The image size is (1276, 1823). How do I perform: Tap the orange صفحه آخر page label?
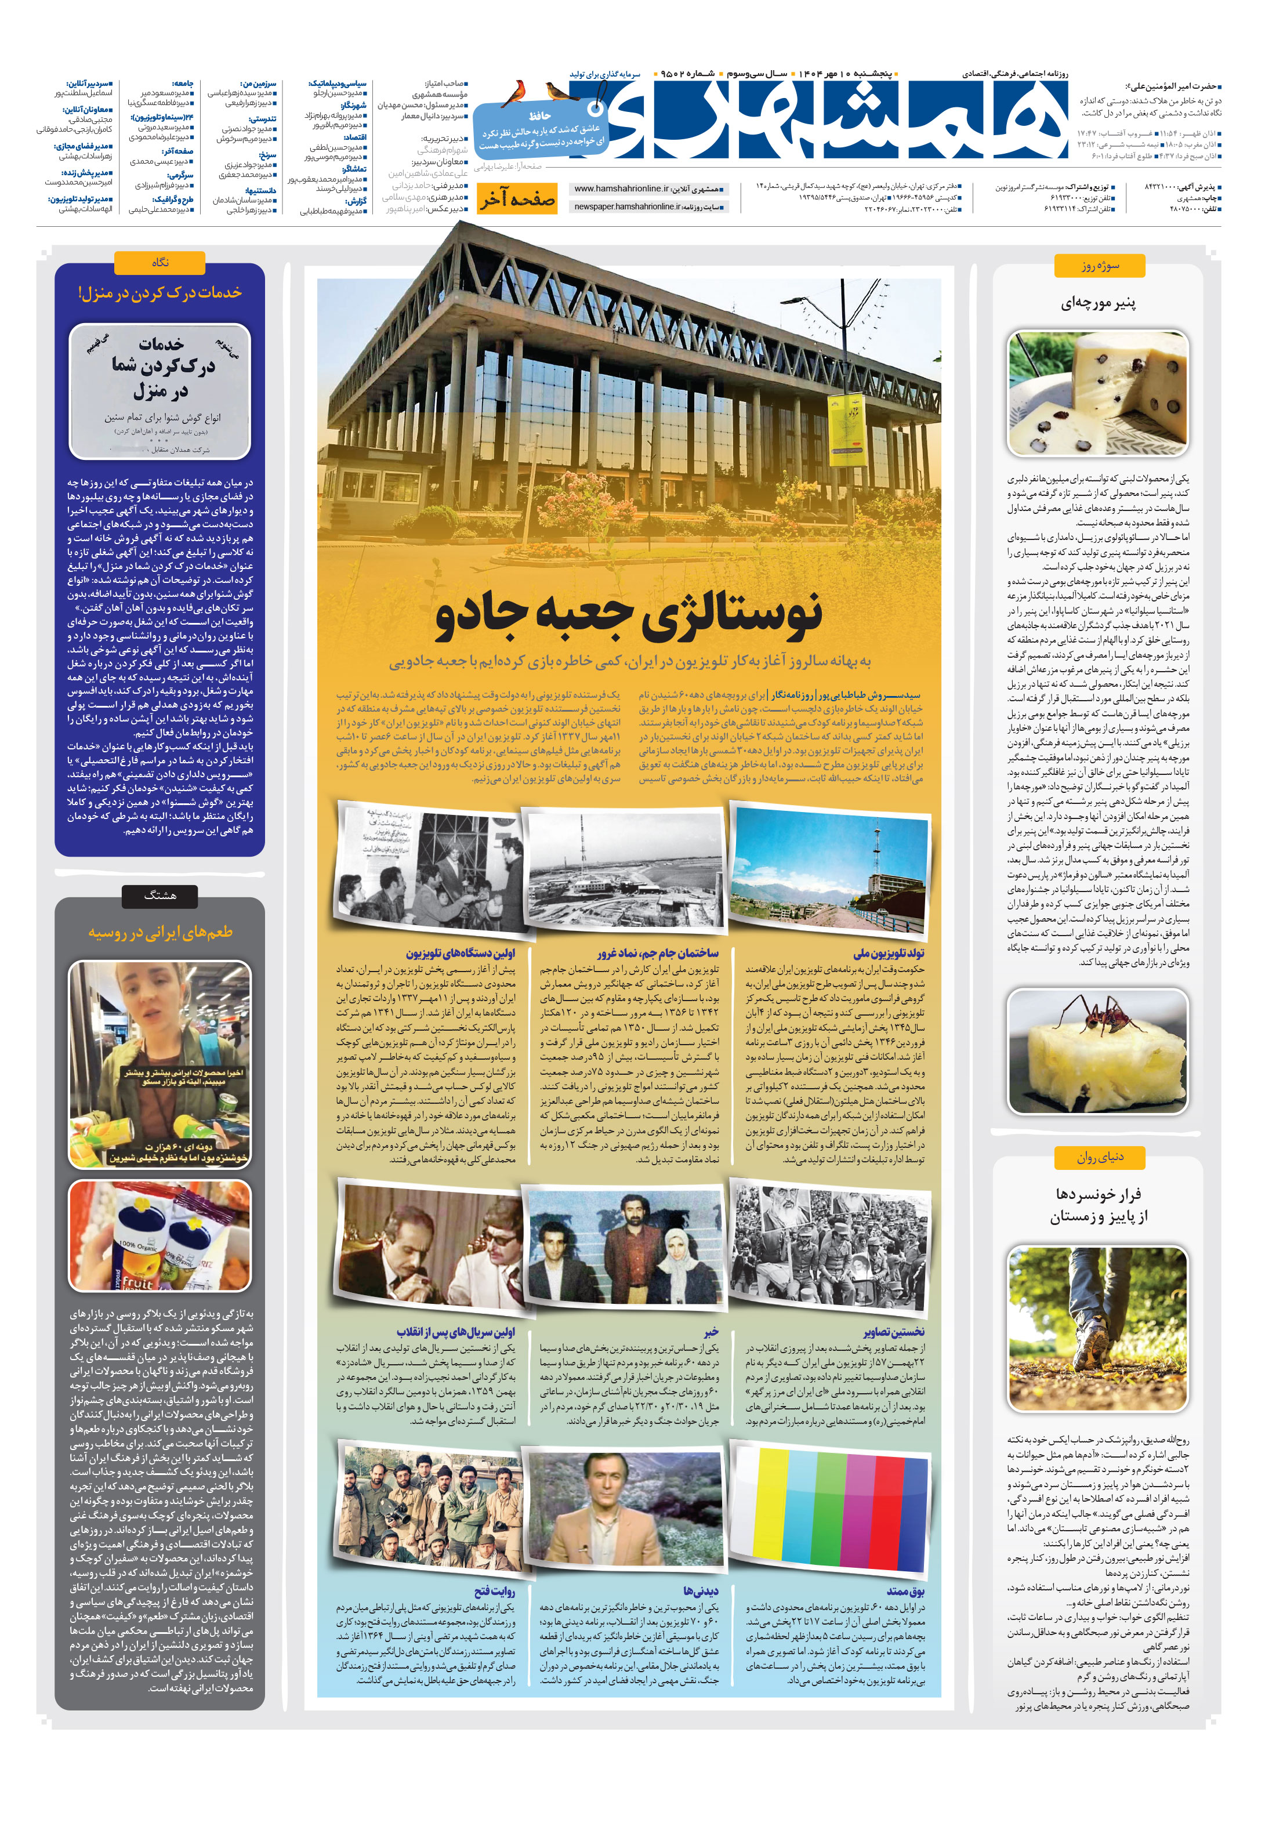pos(516,200)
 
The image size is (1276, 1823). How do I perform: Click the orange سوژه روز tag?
pos(1099,265)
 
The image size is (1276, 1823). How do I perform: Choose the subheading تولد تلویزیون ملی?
pos(889,953)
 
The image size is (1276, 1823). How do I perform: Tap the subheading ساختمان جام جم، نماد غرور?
pos(658,953)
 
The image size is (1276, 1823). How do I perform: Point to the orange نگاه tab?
pos(159,263)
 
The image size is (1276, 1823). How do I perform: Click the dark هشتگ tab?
pos(159,896)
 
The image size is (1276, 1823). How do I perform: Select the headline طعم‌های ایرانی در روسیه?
pos(159,932)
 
